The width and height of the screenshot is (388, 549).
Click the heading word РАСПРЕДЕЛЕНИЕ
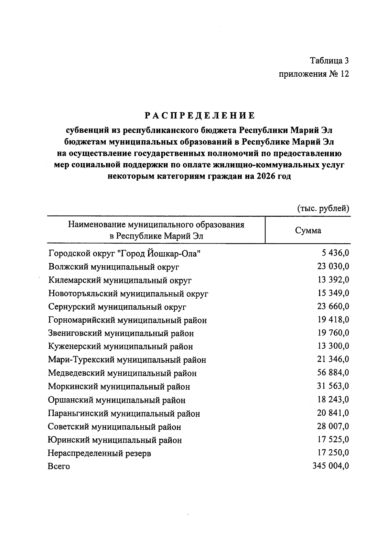click(199, 115)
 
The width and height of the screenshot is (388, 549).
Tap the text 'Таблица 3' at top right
click(329, 60)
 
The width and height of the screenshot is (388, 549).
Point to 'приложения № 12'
click(314, 74)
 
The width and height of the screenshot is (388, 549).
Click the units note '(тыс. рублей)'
click(323, 208)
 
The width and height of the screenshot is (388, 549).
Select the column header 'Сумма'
click(308, 230)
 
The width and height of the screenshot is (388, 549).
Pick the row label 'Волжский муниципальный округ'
click(114, 267)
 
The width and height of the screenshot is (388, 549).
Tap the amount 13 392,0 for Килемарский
click(333, 280)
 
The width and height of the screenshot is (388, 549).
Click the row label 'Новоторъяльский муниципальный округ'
click(128, 294)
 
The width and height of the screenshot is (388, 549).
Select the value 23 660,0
click(333, 306)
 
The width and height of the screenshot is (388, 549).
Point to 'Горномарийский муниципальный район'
click(127, 320)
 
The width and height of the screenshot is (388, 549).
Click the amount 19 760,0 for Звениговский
click(333, 333)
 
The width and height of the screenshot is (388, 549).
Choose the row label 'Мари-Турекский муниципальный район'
click(127, 360)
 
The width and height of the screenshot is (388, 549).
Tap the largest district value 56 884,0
click(333, 373)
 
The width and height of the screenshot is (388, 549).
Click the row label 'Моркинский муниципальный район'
click(119, 387)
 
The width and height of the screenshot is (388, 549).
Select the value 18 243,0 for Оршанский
click(333, 400)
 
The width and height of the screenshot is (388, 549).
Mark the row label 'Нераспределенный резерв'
click(100, 453)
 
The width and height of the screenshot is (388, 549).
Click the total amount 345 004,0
click(331, 466)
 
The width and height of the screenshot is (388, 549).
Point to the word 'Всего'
click(59, 467)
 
